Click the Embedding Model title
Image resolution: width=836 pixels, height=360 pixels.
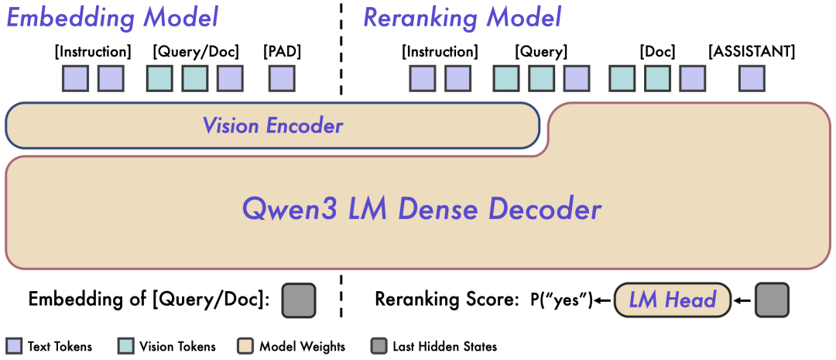pyautogui.click(x=113, y=17)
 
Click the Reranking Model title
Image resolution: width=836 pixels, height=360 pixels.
pyautogui.click(x=462, y=17)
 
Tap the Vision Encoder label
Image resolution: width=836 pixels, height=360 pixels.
pyautogui.click(x=272, y=125)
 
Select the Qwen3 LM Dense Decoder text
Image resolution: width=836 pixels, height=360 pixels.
pyautogui.click(x=422, y=209)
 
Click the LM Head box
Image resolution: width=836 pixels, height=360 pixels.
pyautogui.click(x=672, y=300)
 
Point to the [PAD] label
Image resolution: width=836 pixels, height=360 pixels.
pyautogui.click(x=282, y=52)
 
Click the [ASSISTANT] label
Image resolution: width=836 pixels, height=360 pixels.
pyautogui.click(x=752, y=52)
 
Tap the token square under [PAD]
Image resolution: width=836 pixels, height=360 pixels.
pyautogui.click(x=282, y=78)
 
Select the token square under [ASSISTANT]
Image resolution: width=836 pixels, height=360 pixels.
pyautogui.click(x=752, y=78)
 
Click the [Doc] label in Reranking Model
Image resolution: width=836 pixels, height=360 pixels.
pyautogui.click(x=657, y=52)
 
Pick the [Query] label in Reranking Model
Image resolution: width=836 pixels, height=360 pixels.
pyautogui.click(x=541, y=52)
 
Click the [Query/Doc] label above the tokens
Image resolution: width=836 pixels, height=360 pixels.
pyautogui.click(x=196, y=52)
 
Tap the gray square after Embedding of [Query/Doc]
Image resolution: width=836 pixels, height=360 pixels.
pyautogui.click(x=299, y=300)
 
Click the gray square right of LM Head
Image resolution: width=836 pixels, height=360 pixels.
pyautogui.click(x=772, y=300)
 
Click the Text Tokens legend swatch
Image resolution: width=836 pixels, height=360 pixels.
pyautogui.click(x=14, y=346)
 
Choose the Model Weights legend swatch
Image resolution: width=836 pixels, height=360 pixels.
pyautogui.click(x=247, y=346)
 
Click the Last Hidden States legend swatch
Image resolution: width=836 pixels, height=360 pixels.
pyautogui.click(x=379, y=346)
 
